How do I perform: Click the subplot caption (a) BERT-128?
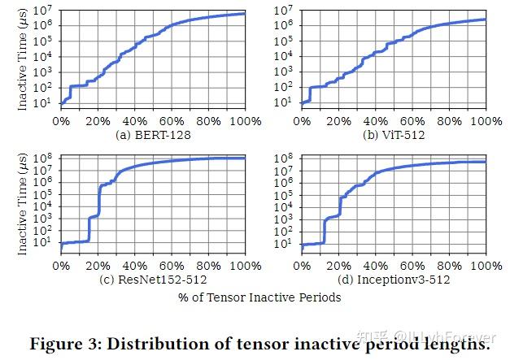[x=153, y=134]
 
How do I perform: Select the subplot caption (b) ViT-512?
[x=394, y=134]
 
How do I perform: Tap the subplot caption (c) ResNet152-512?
[x=153, y=280]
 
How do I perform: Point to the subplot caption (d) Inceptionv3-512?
[x=394, y=280]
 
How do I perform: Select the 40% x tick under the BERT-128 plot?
[x=135, y=121]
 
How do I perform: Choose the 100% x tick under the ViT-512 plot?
[x=486, y=121]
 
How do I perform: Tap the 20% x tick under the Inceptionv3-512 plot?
[x=338, y=266]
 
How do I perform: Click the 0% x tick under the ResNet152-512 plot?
[x=61, y=266]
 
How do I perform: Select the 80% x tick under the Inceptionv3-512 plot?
[x=450, y=266]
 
